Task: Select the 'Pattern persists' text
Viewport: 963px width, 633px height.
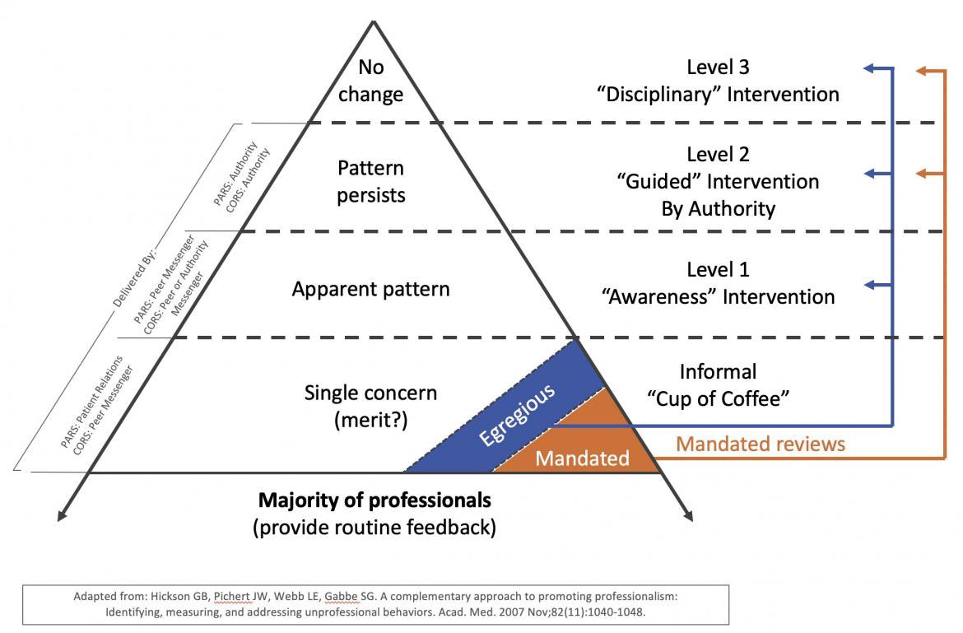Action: click(x=371, y=182)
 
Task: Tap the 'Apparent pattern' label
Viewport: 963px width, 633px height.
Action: click(x=370, y=290)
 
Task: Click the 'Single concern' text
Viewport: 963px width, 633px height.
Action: click(x=370, y=393)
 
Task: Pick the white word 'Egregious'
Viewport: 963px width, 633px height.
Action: click(x=518, y=414)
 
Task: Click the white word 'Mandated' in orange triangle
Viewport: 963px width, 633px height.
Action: click(x=582, y=458)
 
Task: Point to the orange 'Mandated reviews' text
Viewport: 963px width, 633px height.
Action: click(x=761, y=444)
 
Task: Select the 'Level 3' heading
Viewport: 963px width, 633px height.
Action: click(x=718, y=67)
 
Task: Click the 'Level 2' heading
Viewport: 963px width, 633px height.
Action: click(x=718, y=154)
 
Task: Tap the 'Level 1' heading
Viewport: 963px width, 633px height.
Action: click(x=718, y=269)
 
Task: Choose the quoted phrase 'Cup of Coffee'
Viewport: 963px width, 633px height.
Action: click(x=718, y=398)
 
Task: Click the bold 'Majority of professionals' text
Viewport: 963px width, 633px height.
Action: click(x=374, y=500)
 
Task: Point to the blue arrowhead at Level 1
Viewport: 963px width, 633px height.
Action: click(x=869, y=286)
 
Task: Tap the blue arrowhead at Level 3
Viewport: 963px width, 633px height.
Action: click(x=869, y=71)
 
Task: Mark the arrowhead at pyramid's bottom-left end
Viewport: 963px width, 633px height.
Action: click(x=61, y=515)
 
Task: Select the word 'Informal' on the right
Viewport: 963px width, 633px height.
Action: click(x=718, y=371)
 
